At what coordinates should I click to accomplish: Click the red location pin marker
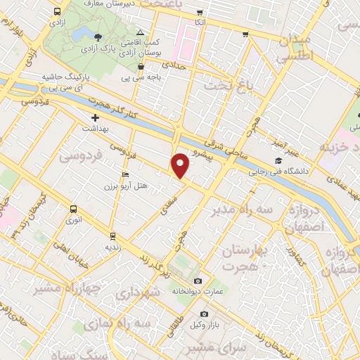[181, 164]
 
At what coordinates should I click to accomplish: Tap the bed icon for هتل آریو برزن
[125, 174]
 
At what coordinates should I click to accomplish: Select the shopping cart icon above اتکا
[200, 13]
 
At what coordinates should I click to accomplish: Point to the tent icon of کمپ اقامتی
[141, 32]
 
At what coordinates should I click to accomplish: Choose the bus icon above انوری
[73, 209]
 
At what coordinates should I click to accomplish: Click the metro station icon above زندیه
[112, 236]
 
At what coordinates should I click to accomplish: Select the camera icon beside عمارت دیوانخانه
[198, 281]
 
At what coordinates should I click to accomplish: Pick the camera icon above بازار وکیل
[204, 314]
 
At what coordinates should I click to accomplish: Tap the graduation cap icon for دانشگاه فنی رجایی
[278, 160]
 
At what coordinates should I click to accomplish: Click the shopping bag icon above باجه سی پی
[141, 67]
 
